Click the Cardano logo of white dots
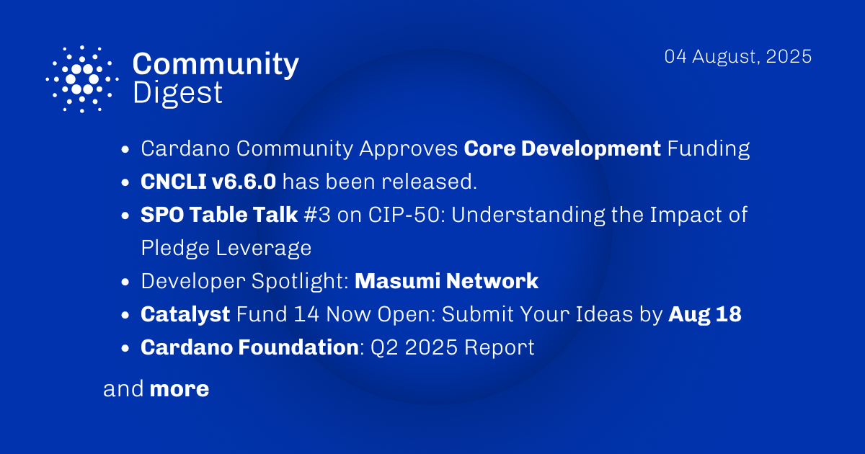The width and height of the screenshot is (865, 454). (x=82, y=79)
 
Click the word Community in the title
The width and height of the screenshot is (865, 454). (x=216, y=64)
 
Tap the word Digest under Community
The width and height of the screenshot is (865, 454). (x=177, y=93)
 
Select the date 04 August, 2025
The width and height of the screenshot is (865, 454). (x=738, y=57)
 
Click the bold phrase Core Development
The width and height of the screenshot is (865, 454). (x=562, y=148)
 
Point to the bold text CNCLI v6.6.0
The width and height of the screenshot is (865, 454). (x=208, y=182)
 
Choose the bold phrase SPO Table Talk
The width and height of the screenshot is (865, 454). (x=219, y=215)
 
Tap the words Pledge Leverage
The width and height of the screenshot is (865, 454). (x=226, y=247)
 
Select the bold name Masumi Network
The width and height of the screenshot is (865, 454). (x=446, y=280)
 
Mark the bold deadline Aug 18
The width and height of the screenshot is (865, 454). (x=704, y=314)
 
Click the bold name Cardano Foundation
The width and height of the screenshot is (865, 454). (x=249, y=347)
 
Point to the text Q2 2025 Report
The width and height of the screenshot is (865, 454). (x=452, y=347)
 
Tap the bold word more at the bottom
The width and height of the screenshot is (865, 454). (x=179, y=389)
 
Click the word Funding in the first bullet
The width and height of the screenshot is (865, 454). (x=709, y=148)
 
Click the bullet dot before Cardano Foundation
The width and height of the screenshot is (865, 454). (x=126, y=348)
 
